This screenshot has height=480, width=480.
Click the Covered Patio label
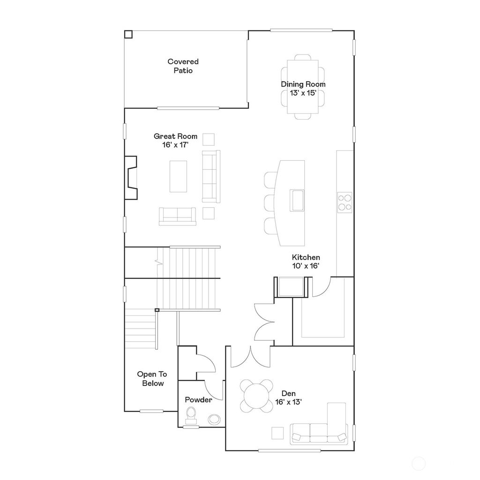pyautogui.click(x=183, y=66)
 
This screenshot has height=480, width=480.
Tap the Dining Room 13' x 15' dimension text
pyautogui.click(x=303, y=93)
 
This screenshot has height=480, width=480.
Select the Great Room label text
pyautogui.click(x=175, y=136)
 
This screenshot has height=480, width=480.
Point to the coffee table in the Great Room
pyautogui.click(x=178, y=176)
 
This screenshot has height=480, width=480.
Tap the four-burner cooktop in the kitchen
pyautogui.click(x=345, y=202)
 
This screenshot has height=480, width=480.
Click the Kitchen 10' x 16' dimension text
pyautogui.click(x=306, y=266)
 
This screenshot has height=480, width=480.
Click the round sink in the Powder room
pyautogui.click(x=215, y=419)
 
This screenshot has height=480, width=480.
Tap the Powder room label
pyautogui.click(x=198, y=400)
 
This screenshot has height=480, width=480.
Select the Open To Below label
pyautogui.click(x=151, y=379)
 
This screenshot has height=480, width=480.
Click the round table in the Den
pyautogui.click(x=256, y=395)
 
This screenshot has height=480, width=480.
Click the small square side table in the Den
pyautogui.click(x=277, y=433)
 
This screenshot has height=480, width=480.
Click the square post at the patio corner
pyautogui.click(x=128, y=34)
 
